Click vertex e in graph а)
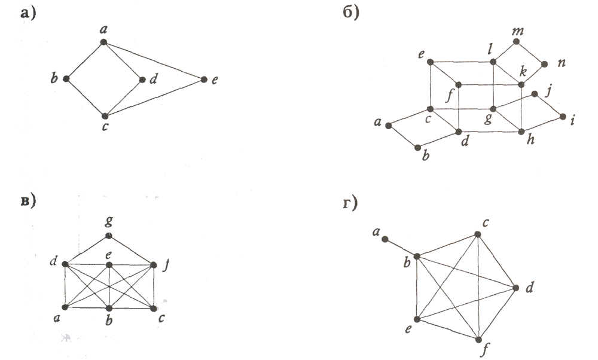[x=204, y=80]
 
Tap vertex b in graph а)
[x=66, y=79]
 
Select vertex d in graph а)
[x=142, y=80]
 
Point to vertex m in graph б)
[x=515, y=42]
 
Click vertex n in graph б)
[x=544, y=64]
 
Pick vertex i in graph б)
[x=562, y=117]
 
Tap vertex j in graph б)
[x=535, y=94]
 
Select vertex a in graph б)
[x=388, y=126]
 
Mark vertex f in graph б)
[x=459, y=85]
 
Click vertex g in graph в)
[x=108, y=236]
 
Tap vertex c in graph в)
[x=154, y=308]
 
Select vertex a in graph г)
[x=386, y=239]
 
